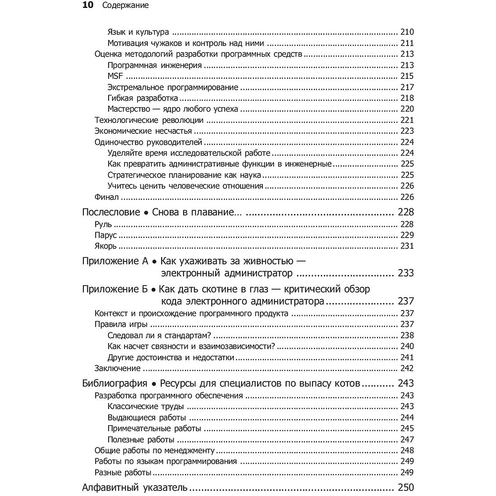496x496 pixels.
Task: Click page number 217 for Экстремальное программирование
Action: point(406,87)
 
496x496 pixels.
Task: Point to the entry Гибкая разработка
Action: point(136,98)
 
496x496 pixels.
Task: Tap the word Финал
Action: point(106,197)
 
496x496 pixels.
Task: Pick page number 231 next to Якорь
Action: point(406,246)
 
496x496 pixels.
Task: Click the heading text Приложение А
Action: point(115,260)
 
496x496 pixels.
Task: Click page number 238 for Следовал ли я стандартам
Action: point(406,335)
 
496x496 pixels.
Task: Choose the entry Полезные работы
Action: point(140,439)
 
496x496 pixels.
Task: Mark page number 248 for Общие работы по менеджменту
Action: point(406,450)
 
